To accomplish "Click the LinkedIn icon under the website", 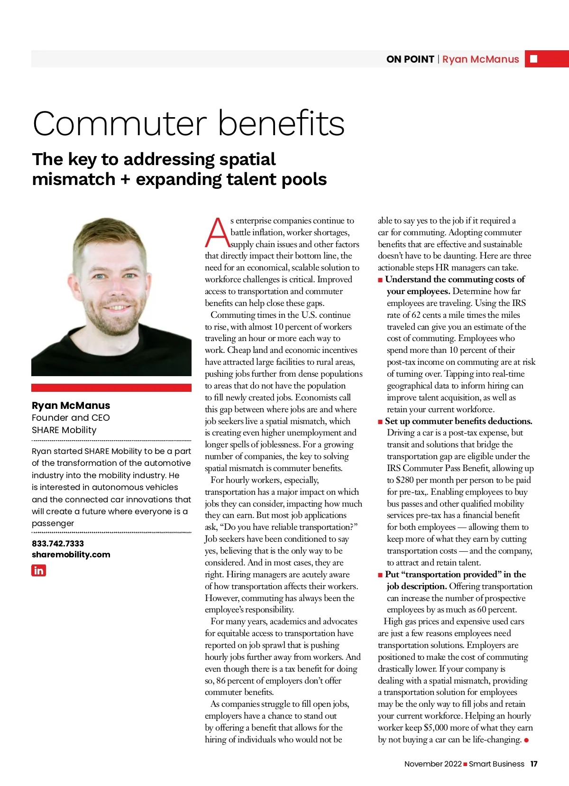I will [39, 570].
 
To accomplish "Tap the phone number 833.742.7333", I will [58, 543].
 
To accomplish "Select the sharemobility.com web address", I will [71, 555].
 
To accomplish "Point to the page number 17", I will [534, 764].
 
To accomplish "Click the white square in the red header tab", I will [534, 59].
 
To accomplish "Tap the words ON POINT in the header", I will [410, 59].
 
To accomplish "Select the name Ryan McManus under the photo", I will [71, 406].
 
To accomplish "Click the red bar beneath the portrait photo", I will [111, 388].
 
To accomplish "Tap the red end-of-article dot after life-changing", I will [526, 740].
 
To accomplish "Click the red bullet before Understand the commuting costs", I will [380, 280].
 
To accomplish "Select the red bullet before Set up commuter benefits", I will [380, 421].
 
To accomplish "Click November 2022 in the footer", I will [433, 764].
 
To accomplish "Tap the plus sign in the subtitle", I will [125, 180].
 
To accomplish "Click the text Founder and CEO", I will [71, 418].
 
